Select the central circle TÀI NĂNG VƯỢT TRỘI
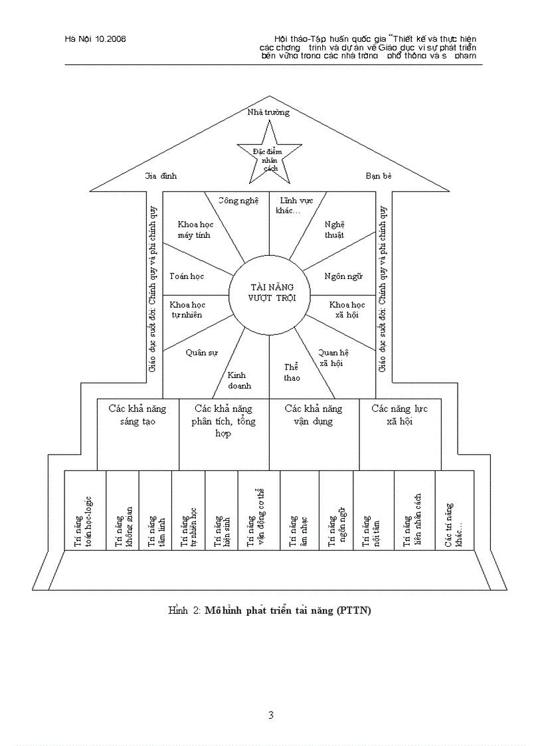coord(269,292)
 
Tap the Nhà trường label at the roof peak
coord(268,112)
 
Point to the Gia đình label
coord(161,176)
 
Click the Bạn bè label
coord(379,176)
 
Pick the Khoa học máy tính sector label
coord(195,230)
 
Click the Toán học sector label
coord(187,276)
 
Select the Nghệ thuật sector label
coord(335,230)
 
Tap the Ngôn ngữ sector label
coord(343,276)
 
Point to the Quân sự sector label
coord(201,353)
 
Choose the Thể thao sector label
coord(292,372)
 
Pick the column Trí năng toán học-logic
coord(85,510)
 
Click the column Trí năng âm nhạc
coord(299,510)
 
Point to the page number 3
coord(270,715)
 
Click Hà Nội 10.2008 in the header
coord(96,39)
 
